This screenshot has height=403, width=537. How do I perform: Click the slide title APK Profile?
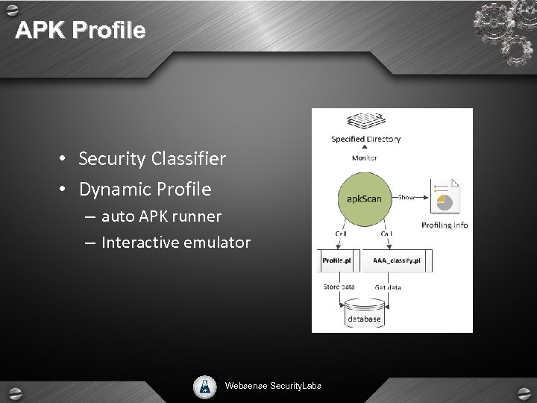click(x=81, y=31)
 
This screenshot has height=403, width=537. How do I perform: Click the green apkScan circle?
click(x=365, y=198)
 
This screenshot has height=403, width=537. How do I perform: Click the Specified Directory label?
click(x=365, y=140)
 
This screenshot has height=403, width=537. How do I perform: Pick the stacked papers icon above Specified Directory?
click(x=365, y=122)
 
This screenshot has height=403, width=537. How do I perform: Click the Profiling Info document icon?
click(x=446, y=197)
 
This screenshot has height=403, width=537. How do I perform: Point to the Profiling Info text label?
click(x=445, y=225)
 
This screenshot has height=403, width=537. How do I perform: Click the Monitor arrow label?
click(x=365, y=158)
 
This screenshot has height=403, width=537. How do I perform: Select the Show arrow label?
click(x=406, y=198)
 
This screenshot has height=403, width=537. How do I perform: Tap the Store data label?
click(x=339, y=287)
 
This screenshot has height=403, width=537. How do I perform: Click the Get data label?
click(x=388, y=287)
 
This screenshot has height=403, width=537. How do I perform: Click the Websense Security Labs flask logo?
click(x=204, y=385)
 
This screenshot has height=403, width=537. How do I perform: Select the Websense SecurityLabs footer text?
click(x=273, y=386)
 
